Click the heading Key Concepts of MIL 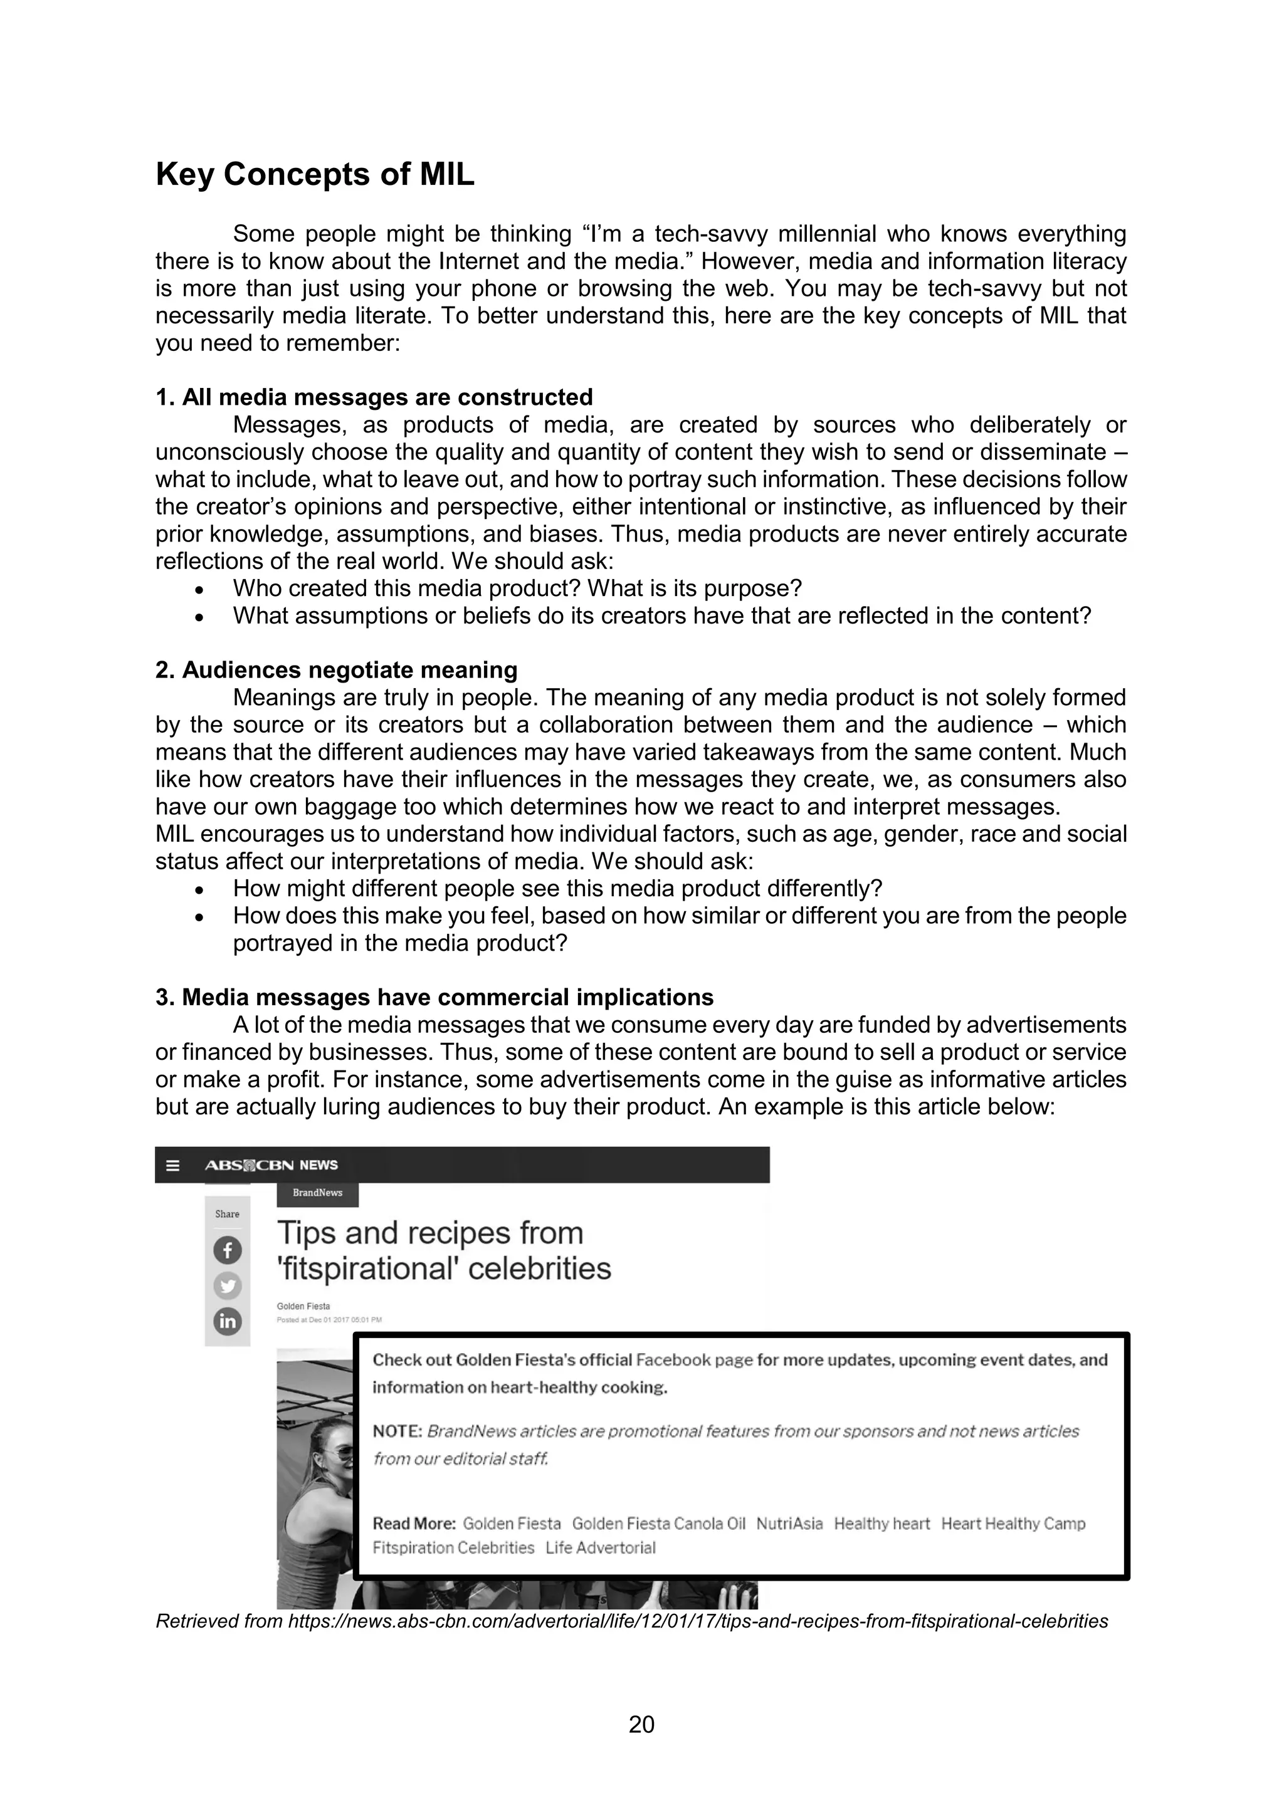point(315,175)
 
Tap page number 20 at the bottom point(641,1724)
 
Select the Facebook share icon point(228,1250)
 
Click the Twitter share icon point(228,1285)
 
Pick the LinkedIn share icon point(228,1321)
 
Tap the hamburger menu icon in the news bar point(173,1165)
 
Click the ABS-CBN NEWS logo point(271,1165)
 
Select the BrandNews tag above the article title point(317,1193)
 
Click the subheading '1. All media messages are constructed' point(374,397)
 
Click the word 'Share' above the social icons point(227,1214)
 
